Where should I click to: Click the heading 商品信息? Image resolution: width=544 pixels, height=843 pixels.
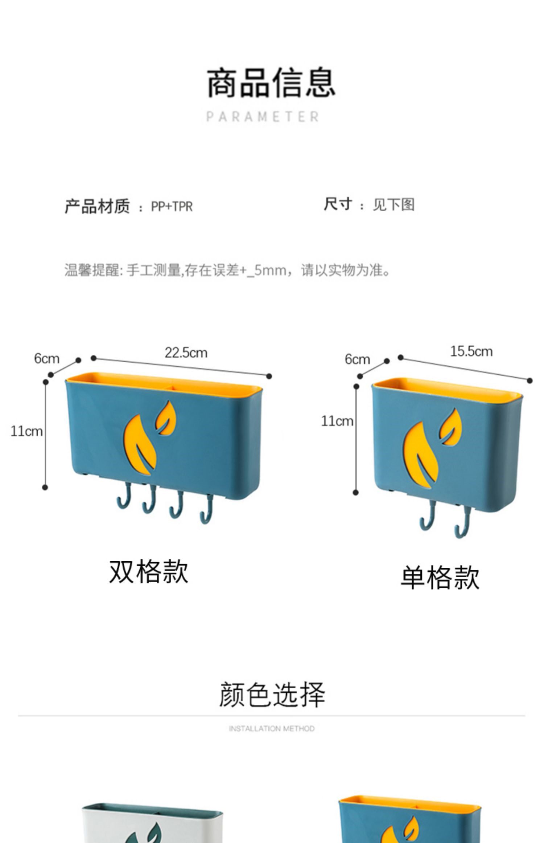(x=271, y=82)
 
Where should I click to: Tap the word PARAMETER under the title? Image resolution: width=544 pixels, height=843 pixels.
(x=263, y=117)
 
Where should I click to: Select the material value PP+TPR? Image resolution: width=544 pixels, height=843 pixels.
(x=172, y=207)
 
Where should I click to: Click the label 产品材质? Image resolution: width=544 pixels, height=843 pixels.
(x=97, y=206)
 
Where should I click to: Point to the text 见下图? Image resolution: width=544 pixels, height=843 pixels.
(x=393, y=205)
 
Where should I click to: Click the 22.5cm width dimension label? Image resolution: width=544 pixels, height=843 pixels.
(x=186, y=353)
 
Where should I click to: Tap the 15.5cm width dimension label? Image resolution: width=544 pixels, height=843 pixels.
(x=471, y=351)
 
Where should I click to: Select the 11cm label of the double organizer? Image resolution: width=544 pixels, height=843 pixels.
(x=26, y=431)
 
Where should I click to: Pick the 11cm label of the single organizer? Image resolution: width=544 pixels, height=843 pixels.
(x=337, y=421)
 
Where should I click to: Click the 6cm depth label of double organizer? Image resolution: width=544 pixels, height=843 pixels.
(x=46, y=359)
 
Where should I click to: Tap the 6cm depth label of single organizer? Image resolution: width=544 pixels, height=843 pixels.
(x=357, y=359)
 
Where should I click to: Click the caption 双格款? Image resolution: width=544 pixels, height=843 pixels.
(x=149, y=572)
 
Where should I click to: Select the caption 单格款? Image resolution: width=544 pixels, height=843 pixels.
(x=440, y=578)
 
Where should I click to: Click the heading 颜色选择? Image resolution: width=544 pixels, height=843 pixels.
(x=272, y=694)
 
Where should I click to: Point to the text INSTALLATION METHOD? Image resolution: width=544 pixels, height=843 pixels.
(x=272, y=729)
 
